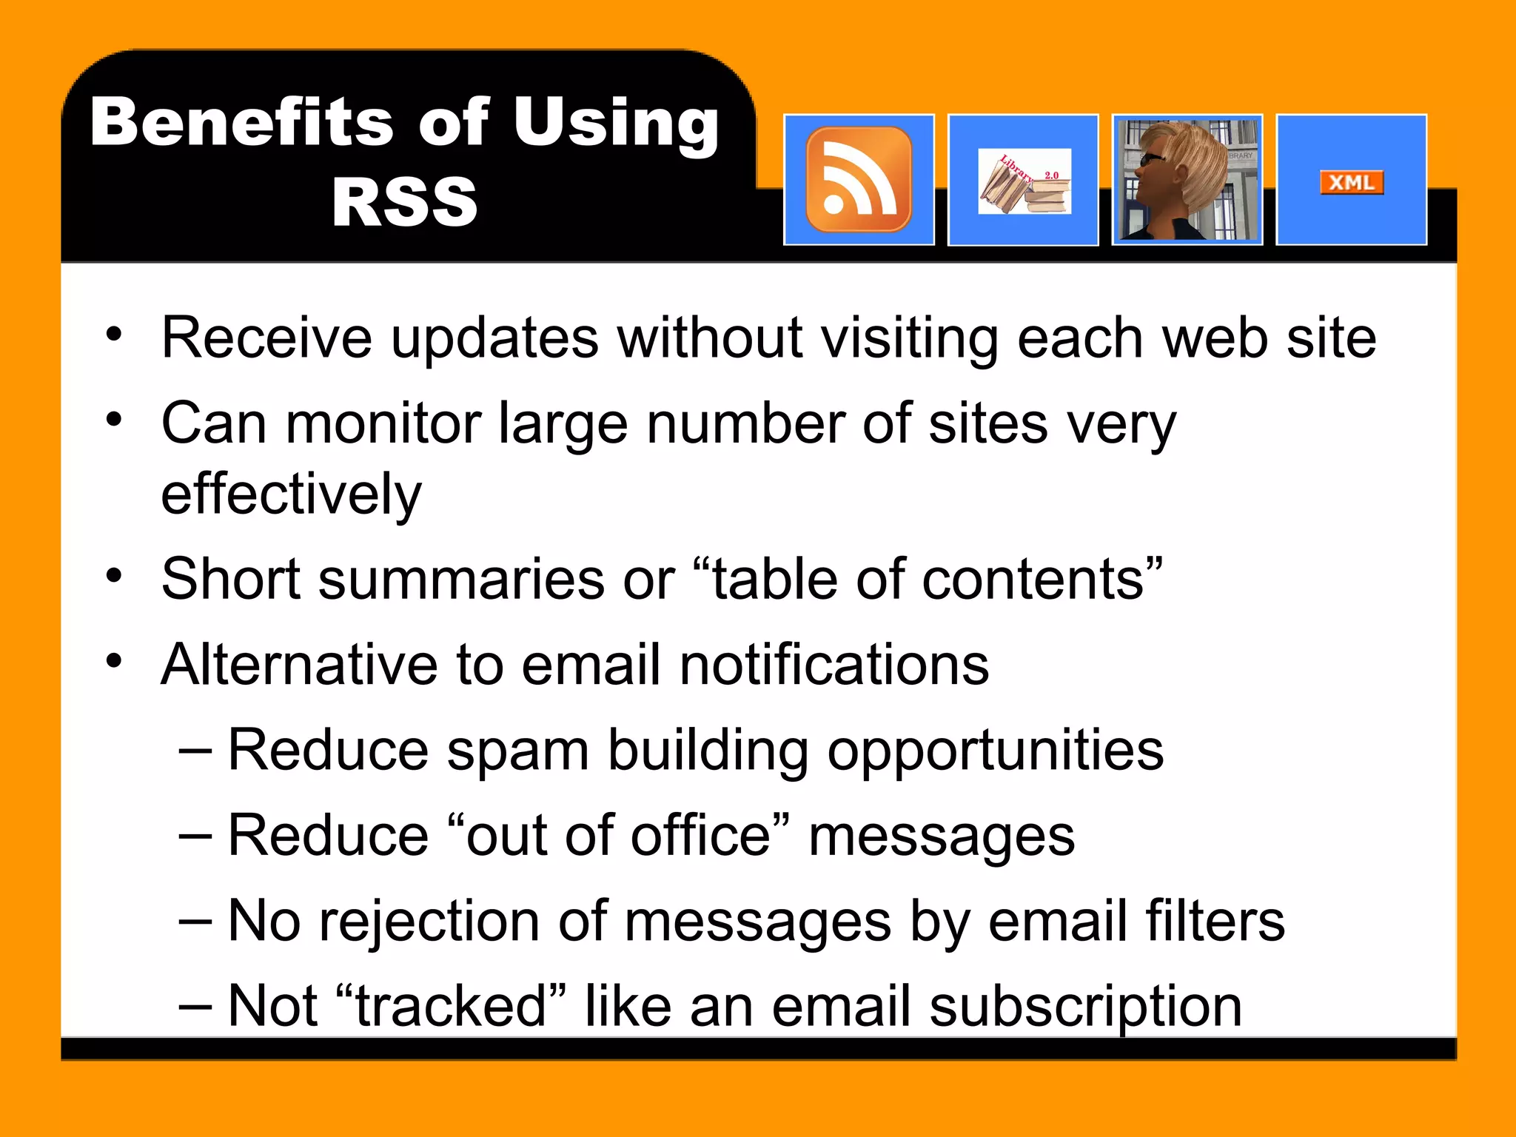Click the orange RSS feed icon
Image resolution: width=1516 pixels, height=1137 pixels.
[859, 180]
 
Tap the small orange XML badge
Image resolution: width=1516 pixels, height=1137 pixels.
[1352, 182]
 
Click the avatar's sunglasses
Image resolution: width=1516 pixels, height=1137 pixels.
[1153, 159]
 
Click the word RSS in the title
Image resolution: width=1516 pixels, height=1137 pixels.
[404, 202]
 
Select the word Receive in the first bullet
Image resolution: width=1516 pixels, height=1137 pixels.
[266, 338]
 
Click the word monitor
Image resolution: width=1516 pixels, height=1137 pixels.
[383, 423]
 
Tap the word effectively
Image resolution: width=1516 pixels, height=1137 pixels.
[291, 494]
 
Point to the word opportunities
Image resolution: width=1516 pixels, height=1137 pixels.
[995, 751]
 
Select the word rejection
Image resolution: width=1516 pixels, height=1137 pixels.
[429, 922]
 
